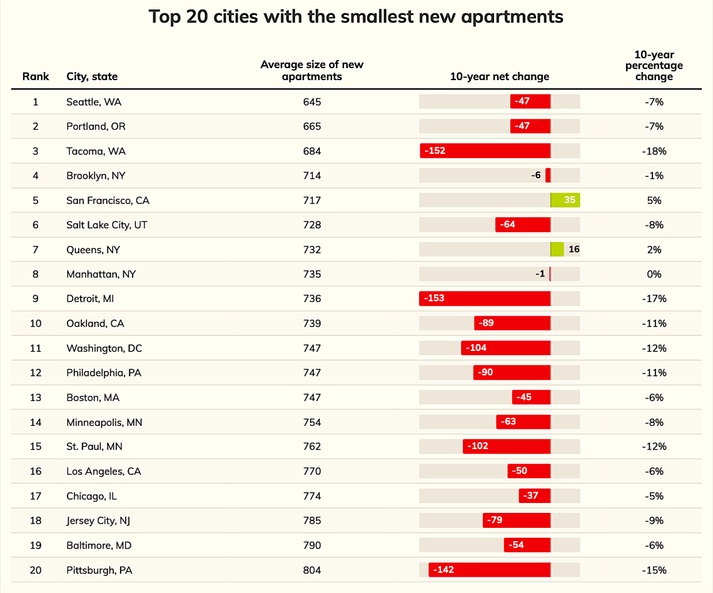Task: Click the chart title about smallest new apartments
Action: tap(356, 17)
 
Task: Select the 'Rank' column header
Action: tap(36, 76)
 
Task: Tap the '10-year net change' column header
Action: tap(499, 76)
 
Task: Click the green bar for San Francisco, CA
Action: tap(565, 200)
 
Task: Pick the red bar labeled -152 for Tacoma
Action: tap(485, 151)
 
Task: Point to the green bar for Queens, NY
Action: tap(557, 249)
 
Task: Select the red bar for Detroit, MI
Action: tap(485, 298)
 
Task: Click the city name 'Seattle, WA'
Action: tap(94, 102)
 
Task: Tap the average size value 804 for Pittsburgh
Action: tap(312, 570)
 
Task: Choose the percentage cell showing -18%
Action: tap(654, 151)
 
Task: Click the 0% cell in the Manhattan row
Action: tap(654, 274)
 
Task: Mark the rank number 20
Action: tap(36, 570)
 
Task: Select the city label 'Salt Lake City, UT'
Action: tap(107, 225)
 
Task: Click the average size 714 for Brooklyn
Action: tap(312, 176)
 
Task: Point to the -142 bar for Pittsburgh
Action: tap(489, 570)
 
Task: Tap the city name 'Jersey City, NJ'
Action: tap(98, 520)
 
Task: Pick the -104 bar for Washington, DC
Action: tap(505, 348)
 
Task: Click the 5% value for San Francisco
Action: tap(654, 201)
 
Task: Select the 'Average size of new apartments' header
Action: tap(312, 71)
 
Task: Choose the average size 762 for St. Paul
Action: tap(312, 447)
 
